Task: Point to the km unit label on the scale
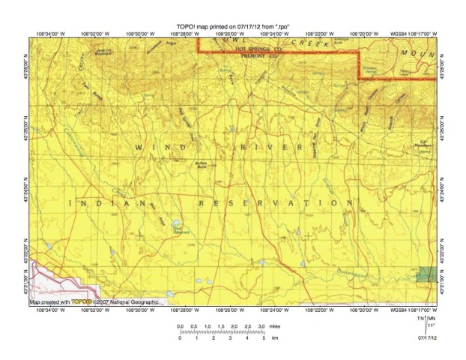click(274, 338)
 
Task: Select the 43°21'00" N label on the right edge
click(444, 286)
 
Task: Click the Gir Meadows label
click(423, 143)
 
